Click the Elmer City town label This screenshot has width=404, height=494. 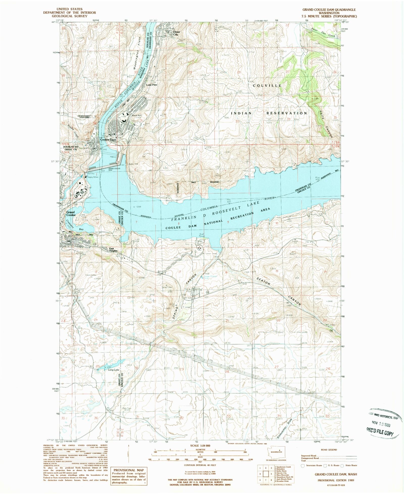[x=176, y=33]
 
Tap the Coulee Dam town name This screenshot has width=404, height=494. [x=108, y=140]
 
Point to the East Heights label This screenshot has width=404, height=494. [x=113, y=250]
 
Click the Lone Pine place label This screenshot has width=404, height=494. [x=151, y=85]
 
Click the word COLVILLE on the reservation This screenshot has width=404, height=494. [x=267, y=86]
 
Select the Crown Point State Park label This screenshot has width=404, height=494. [x=85, y=117]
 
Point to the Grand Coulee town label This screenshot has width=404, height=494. [x=71, y=214]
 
